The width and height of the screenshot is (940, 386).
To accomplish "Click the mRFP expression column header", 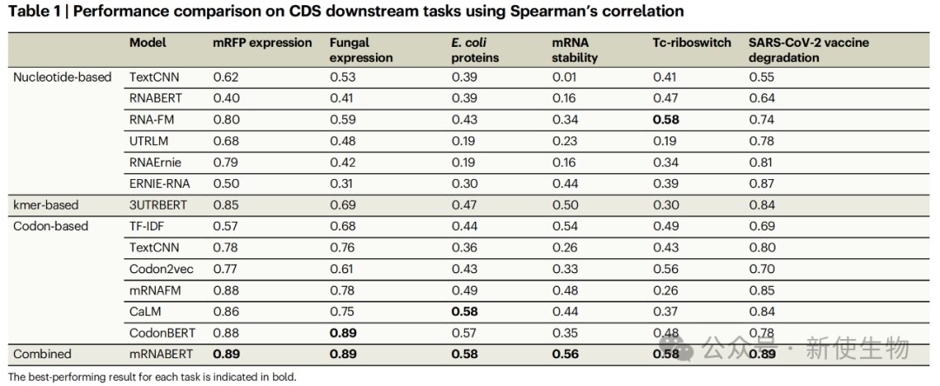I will point(262,43).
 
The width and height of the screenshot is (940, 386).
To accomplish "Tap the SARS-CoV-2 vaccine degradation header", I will point(809,50).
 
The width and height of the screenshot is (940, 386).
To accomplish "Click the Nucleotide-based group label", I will point(62,77).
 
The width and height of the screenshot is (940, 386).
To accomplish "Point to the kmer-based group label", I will point(46,205).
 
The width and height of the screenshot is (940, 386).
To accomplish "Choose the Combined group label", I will point(42,354).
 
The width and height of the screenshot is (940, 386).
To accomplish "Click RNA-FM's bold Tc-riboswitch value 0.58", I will point(666,120).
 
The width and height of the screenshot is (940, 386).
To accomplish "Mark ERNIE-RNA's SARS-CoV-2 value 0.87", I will point(762,183).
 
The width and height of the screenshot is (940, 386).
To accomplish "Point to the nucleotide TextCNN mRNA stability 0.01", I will point(565,77).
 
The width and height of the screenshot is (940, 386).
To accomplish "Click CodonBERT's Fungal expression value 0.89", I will point(343,333).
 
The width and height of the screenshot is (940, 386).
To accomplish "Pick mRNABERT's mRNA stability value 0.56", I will point(566,354).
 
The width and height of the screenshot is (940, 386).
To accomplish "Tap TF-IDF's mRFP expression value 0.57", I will point(226,226).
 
